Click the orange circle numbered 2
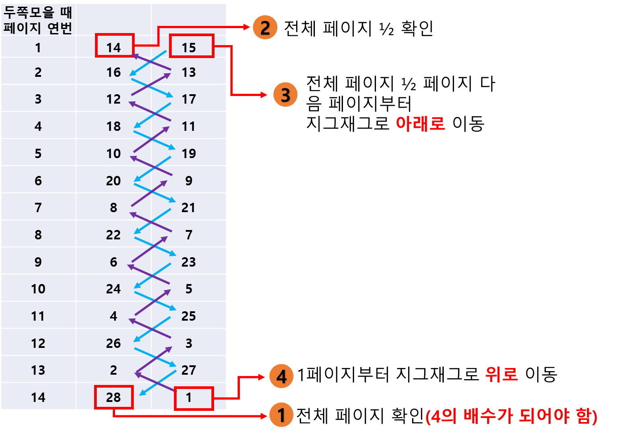pos(265,28)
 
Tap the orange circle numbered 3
pos(285,95)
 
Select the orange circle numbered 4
pos(281,376)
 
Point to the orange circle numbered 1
pos(281,415)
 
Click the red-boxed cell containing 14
pos(114,46)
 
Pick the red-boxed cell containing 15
pos(191,46)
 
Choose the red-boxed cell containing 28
pos(114,397)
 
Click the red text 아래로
pos(420,124)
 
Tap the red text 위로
pos(501,374)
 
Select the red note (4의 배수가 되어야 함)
pos(511,416)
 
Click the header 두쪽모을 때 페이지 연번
pos(38,20)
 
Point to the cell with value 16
pos(113,72)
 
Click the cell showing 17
pos(189,99)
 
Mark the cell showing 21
pos(188,208)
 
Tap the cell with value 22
pos(113,235)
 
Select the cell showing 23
pos(188,262)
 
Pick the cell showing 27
pos(188,370)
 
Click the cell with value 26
pos(113,343)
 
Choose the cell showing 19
pos(189,154)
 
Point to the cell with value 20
pos(113,181)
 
